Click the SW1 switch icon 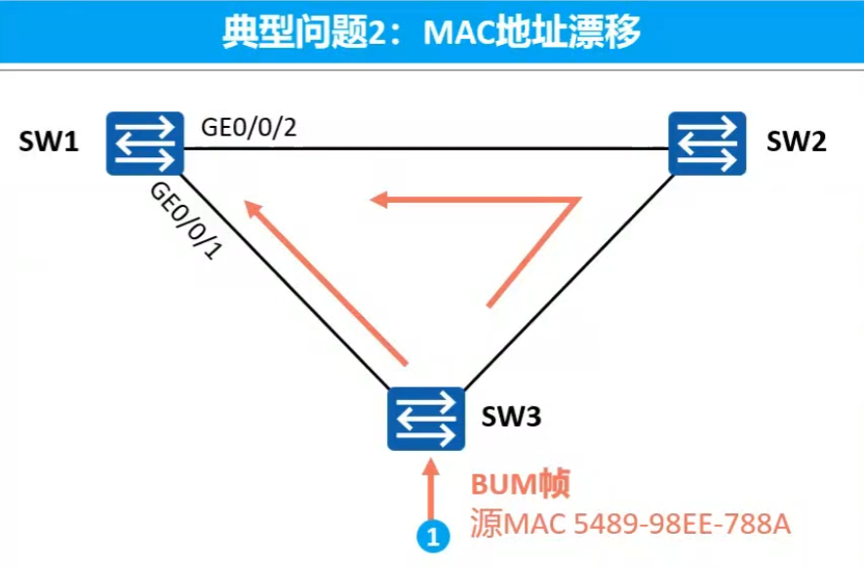145,142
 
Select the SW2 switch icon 707,142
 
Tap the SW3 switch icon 426,419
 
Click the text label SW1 48,142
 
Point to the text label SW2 796,142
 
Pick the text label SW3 511,419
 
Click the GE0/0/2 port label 248,127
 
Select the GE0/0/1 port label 185,221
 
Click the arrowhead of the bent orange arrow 380,199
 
